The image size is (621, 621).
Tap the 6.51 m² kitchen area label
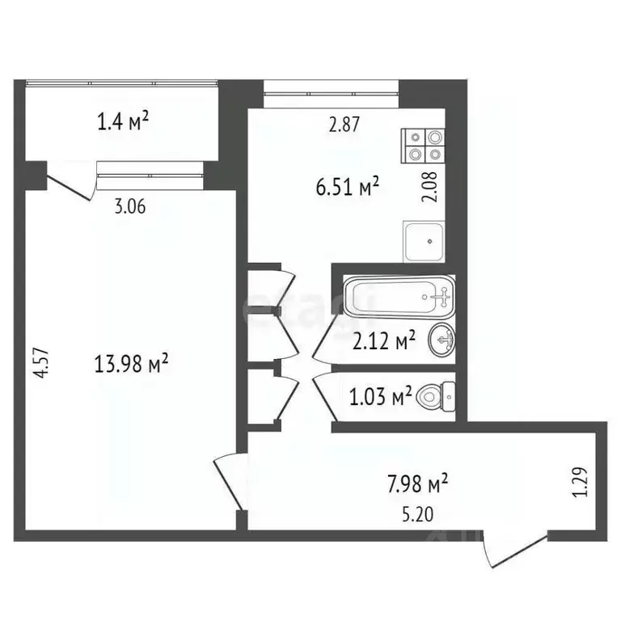[348, 188]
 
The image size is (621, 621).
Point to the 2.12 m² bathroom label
[384, 341]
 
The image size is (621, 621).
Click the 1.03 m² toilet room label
[379, 397]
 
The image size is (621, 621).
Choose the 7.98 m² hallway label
[416, 484]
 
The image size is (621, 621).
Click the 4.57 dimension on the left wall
[46, 358]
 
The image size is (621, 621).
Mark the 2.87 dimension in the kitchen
[343, 125]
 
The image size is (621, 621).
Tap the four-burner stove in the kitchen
[425, 145]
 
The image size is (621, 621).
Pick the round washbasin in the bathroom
[442, 340]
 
